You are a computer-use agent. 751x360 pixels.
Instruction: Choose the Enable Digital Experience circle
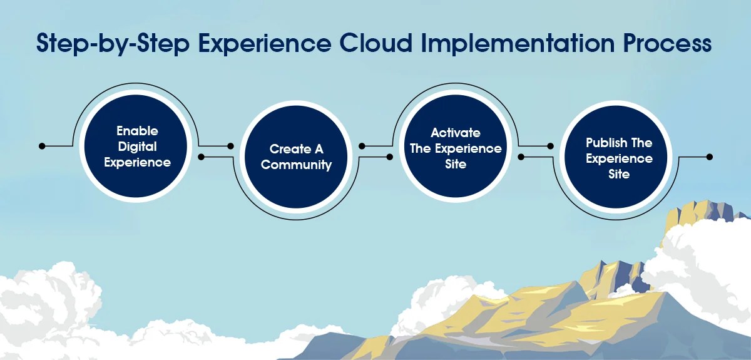(x=137, y=147)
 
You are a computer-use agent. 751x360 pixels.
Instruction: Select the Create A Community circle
(x=296, y=157)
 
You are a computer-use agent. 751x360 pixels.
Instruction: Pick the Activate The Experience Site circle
(x=456, y=148)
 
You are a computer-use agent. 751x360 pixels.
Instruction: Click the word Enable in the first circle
(x=137, y=131)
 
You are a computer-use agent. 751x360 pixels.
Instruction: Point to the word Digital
(x=137, y=147)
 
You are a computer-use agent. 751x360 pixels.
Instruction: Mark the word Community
(x=296, y=165)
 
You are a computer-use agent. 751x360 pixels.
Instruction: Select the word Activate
(x=456, y=133)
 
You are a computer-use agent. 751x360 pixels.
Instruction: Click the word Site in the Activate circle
(x=456, y=163)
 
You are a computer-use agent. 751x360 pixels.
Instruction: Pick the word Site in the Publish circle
(x=618, y=174)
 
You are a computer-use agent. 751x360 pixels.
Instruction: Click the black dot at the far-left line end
(x=42, y=147)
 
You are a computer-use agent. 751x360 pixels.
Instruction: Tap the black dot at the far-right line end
(x=709, y=157)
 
